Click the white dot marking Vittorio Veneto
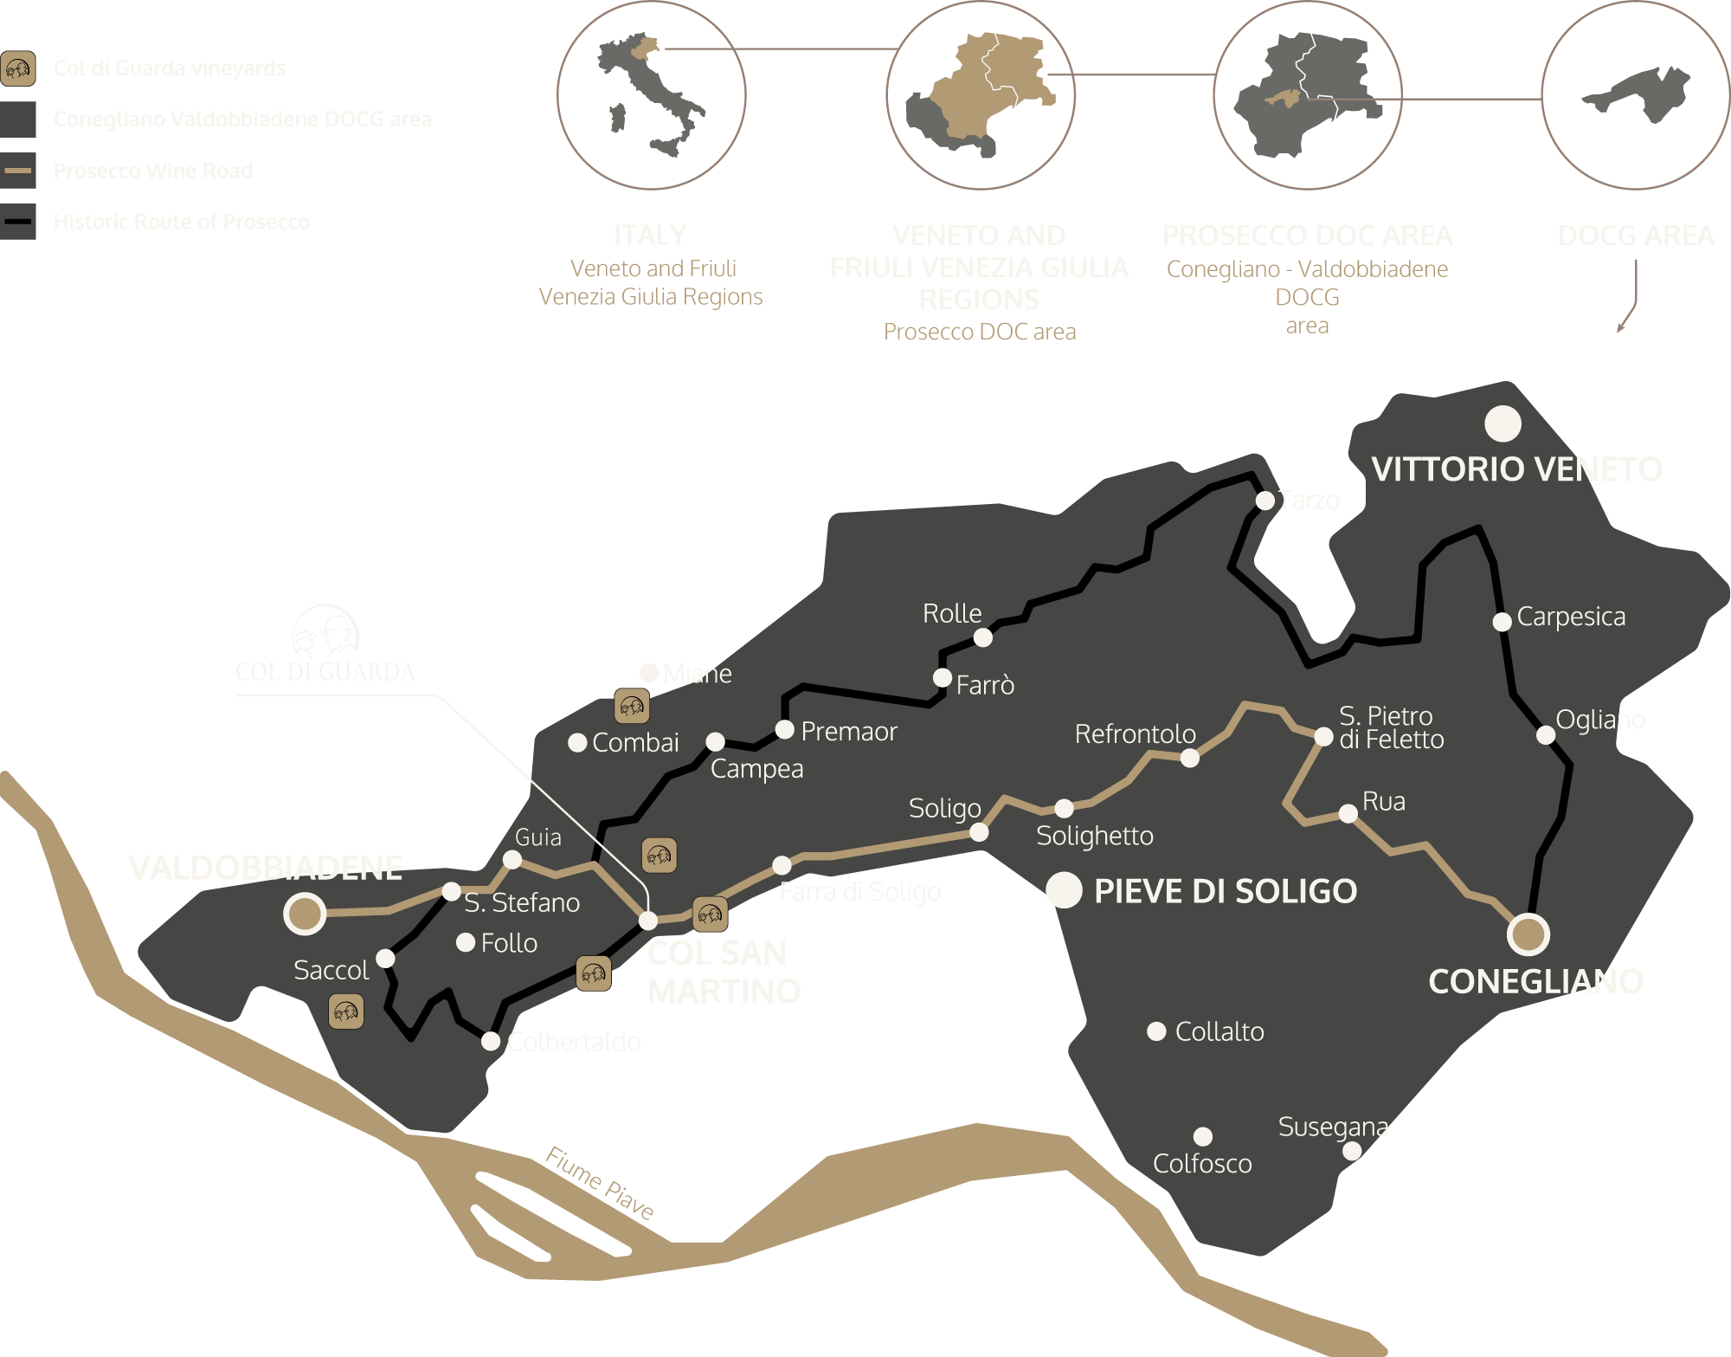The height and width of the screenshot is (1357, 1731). (1503, 423)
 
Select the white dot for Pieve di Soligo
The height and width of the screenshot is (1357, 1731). (1064, 890)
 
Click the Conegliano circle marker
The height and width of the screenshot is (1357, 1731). (1528, 934)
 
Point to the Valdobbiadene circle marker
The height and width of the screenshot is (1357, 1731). (305, 913)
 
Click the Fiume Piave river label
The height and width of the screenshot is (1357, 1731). (600, 1182)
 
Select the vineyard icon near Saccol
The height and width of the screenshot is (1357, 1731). (346, 1011)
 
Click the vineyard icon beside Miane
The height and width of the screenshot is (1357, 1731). (632, 707)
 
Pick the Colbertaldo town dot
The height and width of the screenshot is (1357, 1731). (491, 1041)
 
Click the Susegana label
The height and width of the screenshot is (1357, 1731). (1333, 1127)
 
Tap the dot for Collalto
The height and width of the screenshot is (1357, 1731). (1156, 1031)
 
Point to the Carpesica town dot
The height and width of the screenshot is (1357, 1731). (1503, 621)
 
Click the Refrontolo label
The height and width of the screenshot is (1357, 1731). (1135, 734)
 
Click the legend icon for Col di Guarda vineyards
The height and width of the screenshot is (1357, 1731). (18, 68)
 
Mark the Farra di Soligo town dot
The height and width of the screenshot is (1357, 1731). (782, 865)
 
